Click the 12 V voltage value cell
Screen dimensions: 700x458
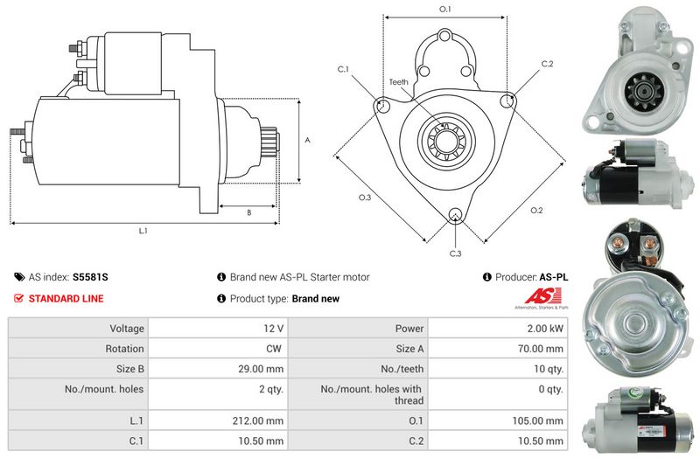pyautogui.click(x=273, y=329)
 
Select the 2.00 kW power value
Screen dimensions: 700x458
pyautogui.click(x=545, y=329)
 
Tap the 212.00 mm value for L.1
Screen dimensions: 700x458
pyautogui.click(x=257, y=420)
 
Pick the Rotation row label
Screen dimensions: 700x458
pyautogui.click(x=124, y=349)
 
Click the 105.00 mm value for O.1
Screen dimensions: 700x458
pyautogui.click(x=537, y=420)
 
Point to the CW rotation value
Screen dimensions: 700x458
pyautogui.click(x=274, y=349)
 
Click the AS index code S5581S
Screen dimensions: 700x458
pyautogui.click(x=90, y=277)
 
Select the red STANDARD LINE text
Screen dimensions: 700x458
pyautogui.click(x=66, y=299)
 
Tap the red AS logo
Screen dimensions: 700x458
pyautogui.click(x=542, y=296)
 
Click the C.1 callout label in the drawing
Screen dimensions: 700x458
pyautogui.click(x=343, y=69)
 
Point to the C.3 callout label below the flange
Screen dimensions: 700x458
pyautogui.click(x=455, y=253)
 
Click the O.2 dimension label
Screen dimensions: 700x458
pyautogui.click(x=536, y=211)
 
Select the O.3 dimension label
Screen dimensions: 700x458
pyautogui.click(x=365, y=198)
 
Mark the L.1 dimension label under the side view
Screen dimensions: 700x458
pyautogui.click(x=143, y=231)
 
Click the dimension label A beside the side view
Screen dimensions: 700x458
pyautogui.click(x=307, y=141)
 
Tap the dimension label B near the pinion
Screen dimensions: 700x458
pyautogui.click(x=249, y=212)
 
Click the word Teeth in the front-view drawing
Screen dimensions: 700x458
pyautogui.click(x=398, y=82)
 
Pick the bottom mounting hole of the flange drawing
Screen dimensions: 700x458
pyautogui.click(x=455, y=214)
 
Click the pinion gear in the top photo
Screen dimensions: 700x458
pyautogui.click(x=645, y=93)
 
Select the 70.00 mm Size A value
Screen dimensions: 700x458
pyautogui.click(x=540, y=349)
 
